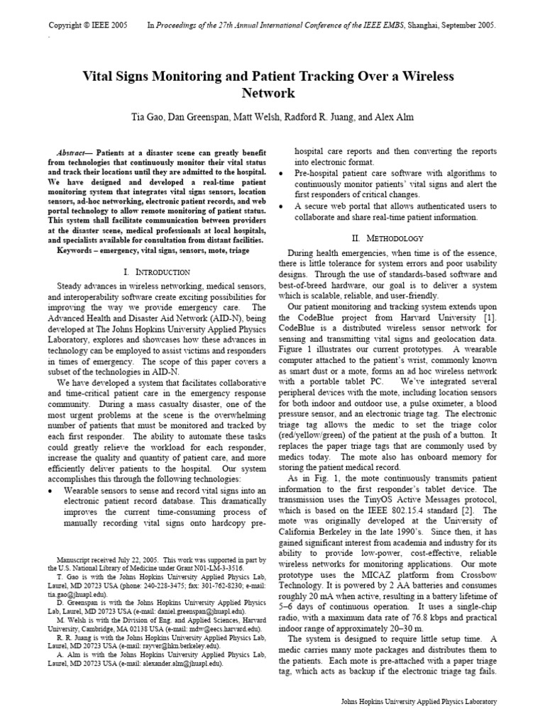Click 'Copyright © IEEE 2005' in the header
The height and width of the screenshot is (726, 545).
tap(88, 25)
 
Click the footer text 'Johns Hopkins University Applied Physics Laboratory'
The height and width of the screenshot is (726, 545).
tap(419, 701)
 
